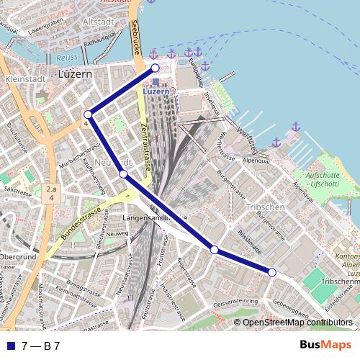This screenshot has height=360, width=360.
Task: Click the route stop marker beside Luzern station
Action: [155, 68]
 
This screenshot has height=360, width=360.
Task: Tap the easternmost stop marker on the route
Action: [272, 271]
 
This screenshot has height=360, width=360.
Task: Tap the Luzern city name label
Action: [75, 74]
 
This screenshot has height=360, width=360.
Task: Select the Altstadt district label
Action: [98, 22]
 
